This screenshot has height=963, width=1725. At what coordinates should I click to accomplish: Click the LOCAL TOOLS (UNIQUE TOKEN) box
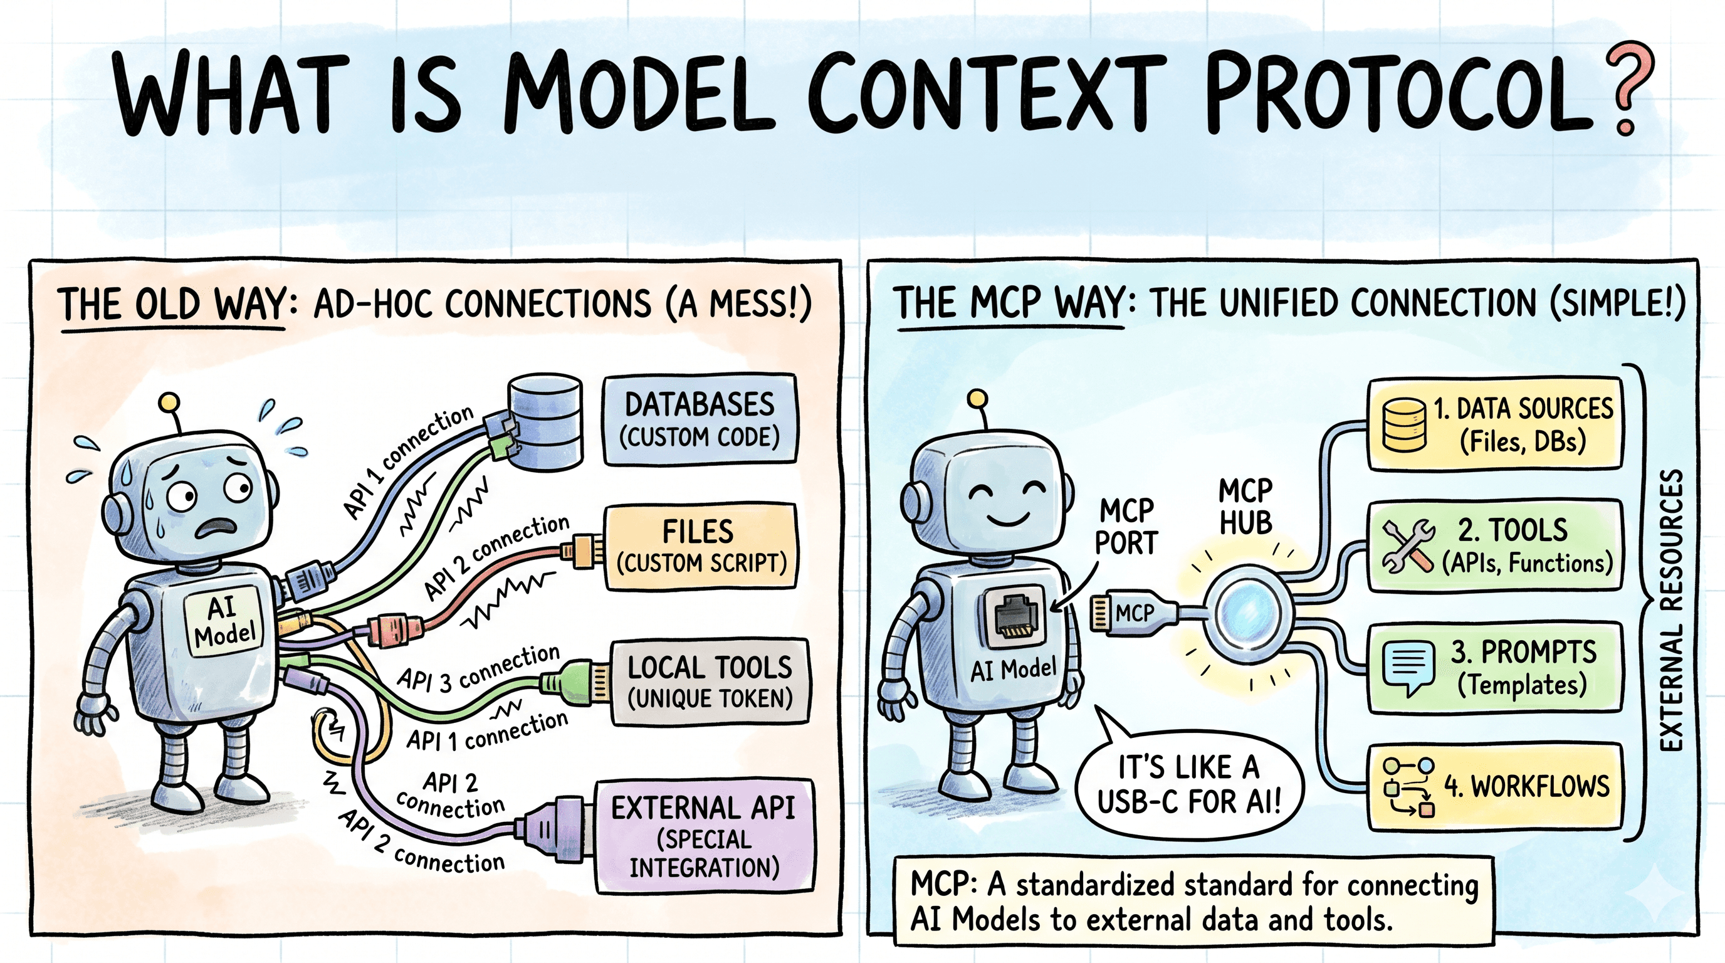709,682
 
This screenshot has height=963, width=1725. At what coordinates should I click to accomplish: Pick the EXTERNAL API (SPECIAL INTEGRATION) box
705,836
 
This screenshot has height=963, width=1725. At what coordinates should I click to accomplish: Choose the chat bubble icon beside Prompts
1408,668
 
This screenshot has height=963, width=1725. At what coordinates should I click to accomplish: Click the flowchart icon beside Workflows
1408,787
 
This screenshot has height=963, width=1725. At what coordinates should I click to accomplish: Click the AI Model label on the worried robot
224,621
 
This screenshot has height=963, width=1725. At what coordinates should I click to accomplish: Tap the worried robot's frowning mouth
216,529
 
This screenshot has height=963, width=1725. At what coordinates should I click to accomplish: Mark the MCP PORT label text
1126,527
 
